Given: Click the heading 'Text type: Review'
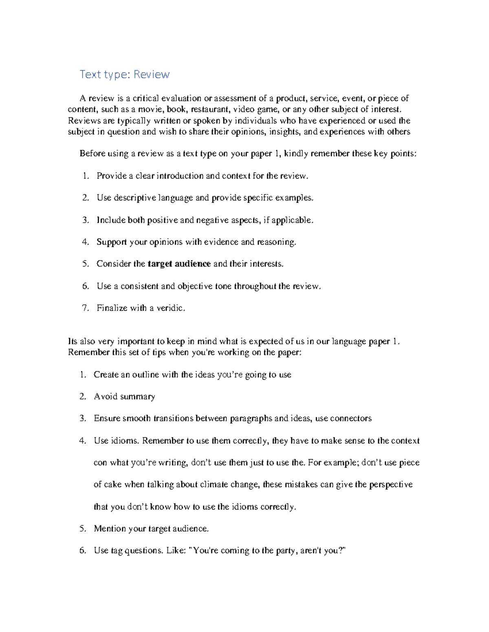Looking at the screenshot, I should coord(124,74).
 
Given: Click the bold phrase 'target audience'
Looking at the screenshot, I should coord(179,264).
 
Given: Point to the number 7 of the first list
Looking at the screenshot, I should coord(85,308).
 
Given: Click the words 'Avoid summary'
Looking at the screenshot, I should coord(124,396).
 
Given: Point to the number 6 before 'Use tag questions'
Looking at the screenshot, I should coord(83,551).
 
